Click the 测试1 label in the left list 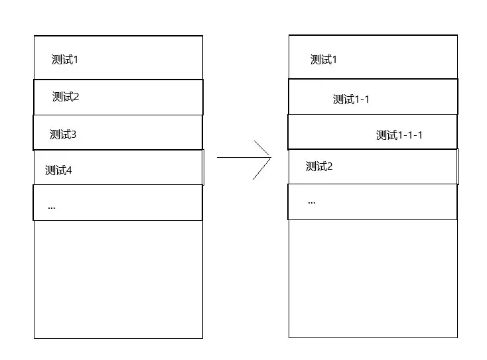click(64, 60)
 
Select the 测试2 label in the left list click(66, 97)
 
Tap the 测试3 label click(63, 135)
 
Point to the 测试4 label click(58, 170)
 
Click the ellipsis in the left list click(52, 208)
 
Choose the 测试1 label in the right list click(323, 60)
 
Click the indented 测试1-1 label click(351, 99)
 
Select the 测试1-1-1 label click(399, 135)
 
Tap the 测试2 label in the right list click(319, 166)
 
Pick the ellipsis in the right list click(312, 203)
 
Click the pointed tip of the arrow click(271, 157)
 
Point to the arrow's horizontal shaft click(243, 157)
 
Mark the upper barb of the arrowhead click(262, 149)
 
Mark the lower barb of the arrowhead click(261, 169)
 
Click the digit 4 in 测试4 click(69, 170)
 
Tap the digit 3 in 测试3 click(73, 135)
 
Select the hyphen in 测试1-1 click(362, 100)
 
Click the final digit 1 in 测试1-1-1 click(420, 135)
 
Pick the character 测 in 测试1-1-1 click(382, 135)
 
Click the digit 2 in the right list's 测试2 click(330, 166)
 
